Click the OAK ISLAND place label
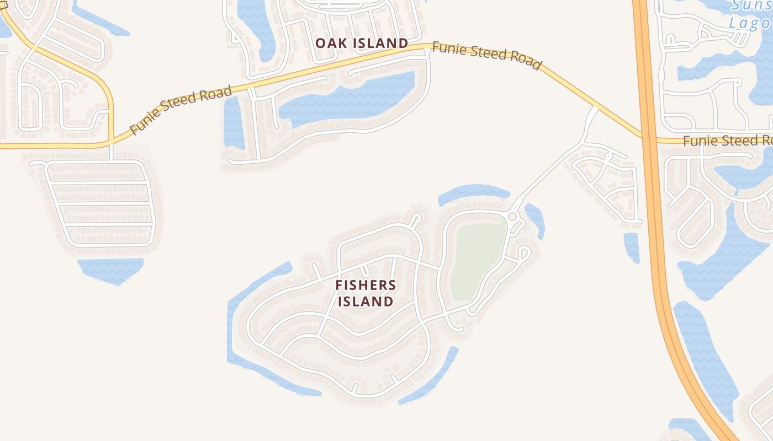pos(362,43)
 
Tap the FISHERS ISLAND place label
pos(366,293)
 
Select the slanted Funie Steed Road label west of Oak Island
pos(181,110)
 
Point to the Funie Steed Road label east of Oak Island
pos(486,55)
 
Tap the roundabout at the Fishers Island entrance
pos(512,217)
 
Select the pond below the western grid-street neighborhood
pos(110,270)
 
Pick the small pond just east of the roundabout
pos(535,220)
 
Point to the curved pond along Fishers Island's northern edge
pos(473,193)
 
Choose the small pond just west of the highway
pos(632,246)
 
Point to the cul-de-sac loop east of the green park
pos(524,252)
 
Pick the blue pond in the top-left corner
pos(99,22)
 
